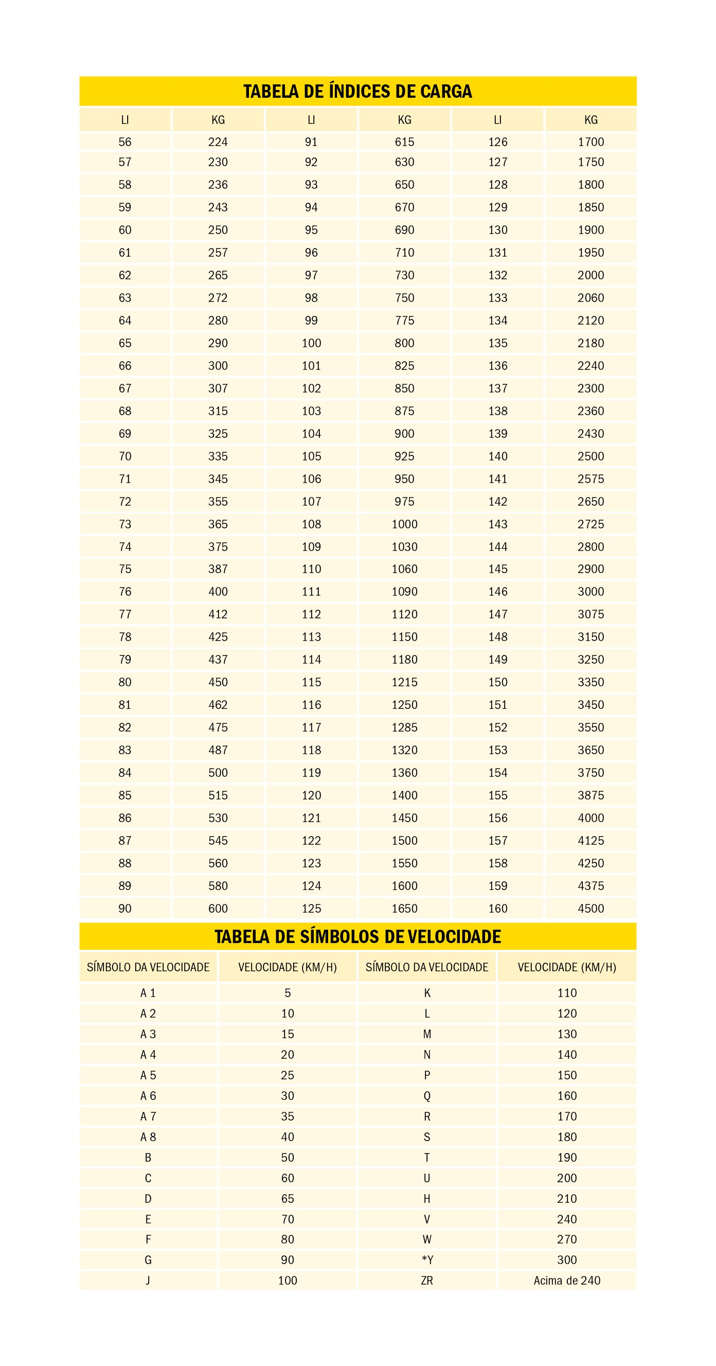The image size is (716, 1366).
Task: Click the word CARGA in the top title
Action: pos(446,92)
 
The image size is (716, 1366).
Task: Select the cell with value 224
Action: pos(218,142)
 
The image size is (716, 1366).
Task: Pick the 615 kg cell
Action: pos(404,142)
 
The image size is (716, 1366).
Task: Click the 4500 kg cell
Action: pos(590,909)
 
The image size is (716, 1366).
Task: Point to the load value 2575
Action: pos(590,479)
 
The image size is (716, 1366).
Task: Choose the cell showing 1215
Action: pos(404,682)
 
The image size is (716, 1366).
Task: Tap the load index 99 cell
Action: pos(311,321)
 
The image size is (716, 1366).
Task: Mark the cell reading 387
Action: pos(218,569)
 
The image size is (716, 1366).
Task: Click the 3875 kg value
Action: pos(590,795)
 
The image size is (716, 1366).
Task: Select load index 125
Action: pos(311,909)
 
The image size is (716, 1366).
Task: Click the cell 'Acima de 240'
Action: pos(566,1281)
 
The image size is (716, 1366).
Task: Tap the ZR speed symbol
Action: pos(426,1281)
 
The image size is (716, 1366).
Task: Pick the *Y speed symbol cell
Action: pos(426,1260)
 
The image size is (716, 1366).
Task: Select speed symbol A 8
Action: pos(148,1137)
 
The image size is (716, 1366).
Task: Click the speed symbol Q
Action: pos(426,1095)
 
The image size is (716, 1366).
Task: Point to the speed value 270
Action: pos(566,1239)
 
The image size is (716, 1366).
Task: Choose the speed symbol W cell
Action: pos(426,1239)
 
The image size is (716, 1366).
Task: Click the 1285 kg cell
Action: pos(404,728)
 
